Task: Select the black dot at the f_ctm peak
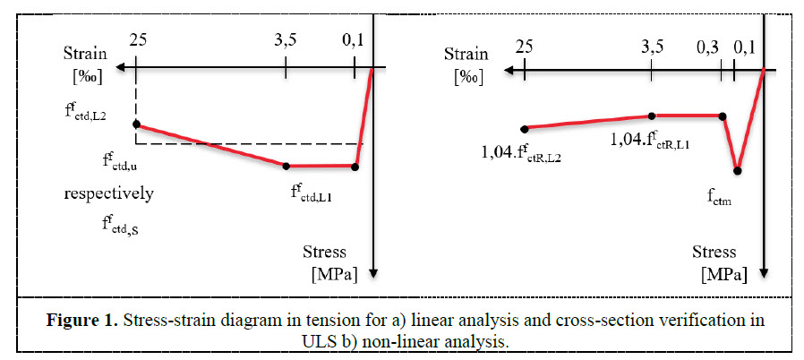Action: click(x=737, y=169)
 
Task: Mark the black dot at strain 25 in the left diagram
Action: click(x=136, y=124)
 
